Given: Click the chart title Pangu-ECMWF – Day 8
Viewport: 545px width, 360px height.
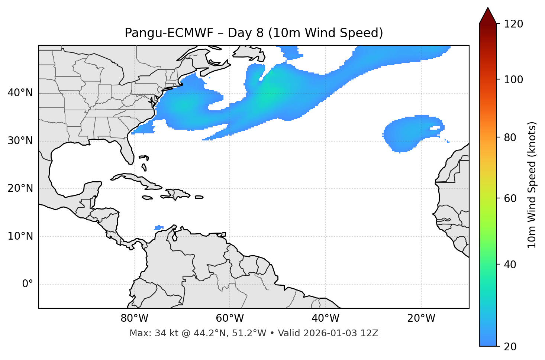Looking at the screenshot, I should [254, 33].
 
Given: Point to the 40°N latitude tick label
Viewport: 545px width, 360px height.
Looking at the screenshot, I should [20, 93].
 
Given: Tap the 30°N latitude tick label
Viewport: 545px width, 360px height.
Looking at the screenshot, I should [20, 141].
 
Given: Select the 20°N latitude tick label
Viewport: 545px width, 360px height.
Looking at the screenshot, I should [20, 188].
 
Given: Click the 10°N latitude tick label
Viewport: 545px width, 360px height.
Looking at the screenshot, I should [20, 236].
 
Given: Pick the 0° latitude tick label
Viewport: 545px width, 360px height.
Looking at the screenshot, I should [28, 284].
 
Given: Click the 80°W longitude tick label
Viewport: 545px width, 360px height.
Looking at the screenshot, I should [134, 318].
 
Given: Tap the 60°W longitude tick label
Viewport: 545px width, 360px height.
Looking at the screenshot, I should [230, 318].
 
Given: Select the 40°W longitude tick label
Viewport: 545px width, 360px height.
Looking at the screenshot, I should [325, 318].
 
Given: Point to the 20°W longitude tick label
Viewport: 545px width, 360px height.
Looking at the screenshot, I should [421, 318].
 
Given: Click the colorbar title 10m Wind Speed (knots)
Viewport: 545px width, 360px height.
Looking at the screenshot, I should [532, 185].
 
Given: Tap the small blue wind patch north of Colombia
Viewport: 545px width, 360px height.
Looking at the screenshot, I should [159, 227].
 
